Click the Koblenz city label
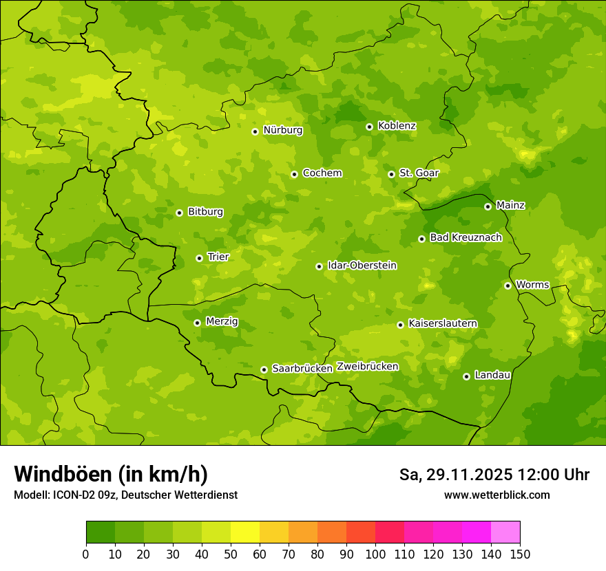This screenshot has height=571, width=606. tap(397, 126)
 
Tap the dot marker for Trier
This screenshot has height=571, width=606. tap(199, 258)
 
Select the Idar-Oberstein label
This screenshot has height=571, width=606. tap(362, 266)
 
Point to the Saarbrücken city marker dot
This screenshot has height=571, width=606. tap(264, 369)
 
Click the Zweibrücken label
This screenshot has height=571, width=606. tap(367, 367)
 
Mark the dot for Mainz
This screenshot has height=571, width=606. tap(488, 206)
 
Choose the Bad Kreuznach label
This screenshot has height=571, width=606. tap(466, 237)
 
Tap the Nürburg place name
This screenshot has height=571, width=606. tap(282, 130)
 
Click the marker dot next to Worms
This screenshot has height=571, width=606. tap(508, 285)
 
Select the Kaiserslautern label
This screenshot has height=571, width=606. tap(443, 323)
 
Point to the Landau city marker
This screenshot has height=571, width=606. tap(466, 376)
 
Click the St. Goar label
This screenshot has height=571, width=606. tap(419, 173)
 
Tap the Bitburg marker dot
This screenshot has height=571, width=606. tap(179, 213)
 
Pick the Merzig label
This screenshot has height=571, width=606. tap(222, 321)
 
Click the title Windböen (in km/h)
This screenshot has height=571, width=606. tap(111, 474)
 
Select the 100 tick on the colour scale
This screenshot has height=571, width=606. tap(375, 554)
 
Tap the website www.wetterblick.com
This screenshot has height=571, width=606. tap(497, 495)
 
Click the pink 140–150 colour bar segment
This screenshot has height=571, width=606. tap(505, 532)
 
